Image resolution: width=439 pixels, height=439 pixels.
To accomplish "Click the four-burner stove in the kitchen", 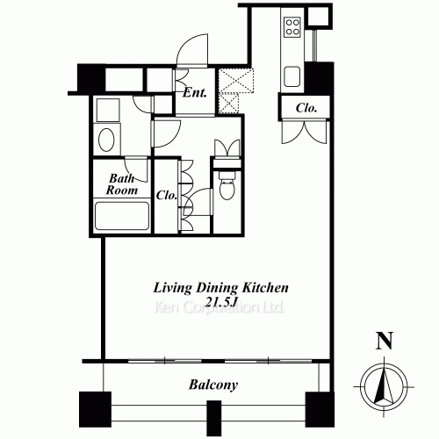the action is pyautogui.click(x=292, y=26).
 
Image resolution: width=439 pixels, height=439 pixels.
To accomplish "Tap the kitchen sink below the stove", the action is pyautogui.click(x=292, y=76).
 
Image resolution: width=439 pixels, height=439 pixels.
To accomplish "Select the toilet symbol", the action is pyautogui.click(x=227, y=185).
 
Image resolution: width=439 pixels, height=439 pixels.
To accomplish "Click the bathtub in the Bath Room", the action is pyautogui.click(x=122, y=216).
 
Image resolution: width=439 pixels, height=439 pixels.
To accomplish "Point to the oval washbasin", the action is pyautogui.click(x=106, y=140).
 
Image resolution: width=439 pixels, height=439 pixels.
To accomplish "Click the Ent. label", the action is pyautogui.click(x=195, y=93).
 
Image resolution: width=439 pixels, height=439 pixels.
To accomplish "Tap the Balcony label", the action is pyautogui.click(x=213, y=385).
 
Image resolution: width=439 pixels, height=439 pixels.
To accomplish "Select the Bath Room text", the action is pyautogui.click(x=122, y=184).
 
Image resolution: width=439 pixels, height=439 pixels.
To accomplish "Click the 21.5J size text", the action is pyautogui.click(x=220, y=302).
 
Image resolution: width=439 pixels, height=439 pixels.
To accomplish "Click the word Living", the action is pyautogui.click(x=172, y=288).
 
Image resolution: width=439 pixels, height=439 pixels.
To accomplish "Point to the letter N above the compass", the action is pyautogui.click(x=385, y=341).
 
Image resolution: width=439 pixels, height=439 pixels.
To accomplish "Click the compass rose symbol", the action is pyautogui.click(x=384, y=386).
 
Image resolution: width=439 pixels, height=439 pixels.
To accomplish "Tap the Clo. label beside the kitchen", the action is pyautogui.click(x=306, y=108).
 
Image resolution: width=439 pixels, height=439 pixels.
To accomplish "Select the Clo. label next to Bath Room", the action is pyautogui.click(x=167, y=195).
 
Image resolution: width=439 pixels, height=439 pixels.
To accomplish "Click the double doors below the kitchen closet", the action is pyautogui.click(x=304, y=133).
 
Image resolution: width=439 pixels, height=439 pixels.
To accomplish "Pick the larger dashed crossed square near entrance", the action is pyautogui.click(x=236, y=81).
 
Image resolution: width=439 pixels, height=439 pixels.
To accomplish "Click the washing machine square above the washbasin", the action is pyautogui.click(x=108, y=110).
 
